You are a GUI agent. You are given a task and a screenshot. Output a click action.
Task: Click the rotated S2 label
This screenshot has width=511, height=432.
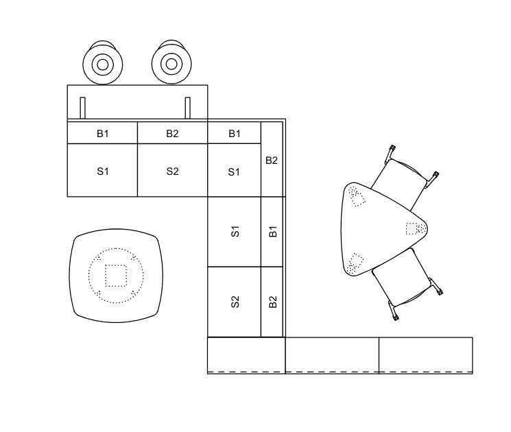click(x=235, y=302)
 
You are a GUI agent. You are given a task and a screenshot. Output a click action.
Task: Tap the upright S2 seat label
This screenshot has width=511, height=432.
click(x=172, y=171)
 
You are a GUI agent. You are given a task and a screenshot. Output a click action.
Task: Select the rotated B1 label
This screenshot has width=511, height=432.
click(x=273, y=231)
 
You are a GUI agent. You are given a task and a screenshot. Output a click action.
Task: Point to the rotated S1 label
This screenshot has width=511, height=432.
click(x=235, y=232)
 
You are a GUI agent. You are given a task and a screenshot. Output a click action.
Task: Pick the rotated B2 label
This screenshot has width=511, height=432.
click(x=273, y=302)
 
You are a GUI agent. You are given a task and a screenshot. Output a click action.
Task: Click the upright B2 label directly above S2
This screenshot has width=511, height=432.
click(x=172, y=134)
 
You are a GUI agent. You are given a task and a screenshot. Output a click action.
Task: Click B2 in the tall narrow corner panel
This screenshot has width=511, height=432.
click(x=272, y=160)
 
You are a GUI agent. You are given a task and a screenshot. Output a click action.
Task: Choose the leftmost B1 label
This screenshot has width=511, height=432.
click(x=103, y=134)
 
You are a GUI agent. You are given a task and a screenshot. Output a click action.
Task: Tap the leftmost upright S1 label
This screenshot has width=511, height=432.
click(x=103, y=171)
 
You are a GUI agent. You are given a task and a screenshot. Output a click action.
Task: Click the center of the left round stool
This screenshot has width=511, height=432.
click(x=103, y=64)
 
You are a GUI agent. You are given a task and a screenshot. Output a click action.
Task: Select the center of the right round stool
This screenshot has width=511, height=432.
click(x=171, y=64)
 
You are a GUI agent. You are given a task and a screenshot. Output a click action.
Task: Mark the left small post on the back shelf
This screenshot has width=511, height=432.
click(x=82, y=108)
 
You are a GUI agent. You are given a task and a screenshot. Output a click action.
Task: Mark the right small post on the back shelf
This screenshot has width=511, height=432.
click(x=188, y=108)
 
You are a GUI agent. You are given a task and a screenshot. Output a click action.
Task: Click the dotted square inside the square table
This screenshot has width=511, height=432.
click(x=116, y=276)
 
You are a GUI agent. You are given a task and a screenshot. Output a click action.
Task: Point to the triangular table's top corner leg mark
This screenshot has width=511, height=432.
click(x=357, y=196)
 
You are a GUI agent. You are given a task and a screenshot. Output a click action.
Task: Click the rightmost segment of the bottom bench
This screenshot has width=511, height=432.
click(x=426, y=355)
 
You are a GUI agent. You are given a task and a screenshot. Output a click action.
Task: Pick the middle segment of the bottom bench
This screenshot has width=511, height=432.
click(x=332, y=355)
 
